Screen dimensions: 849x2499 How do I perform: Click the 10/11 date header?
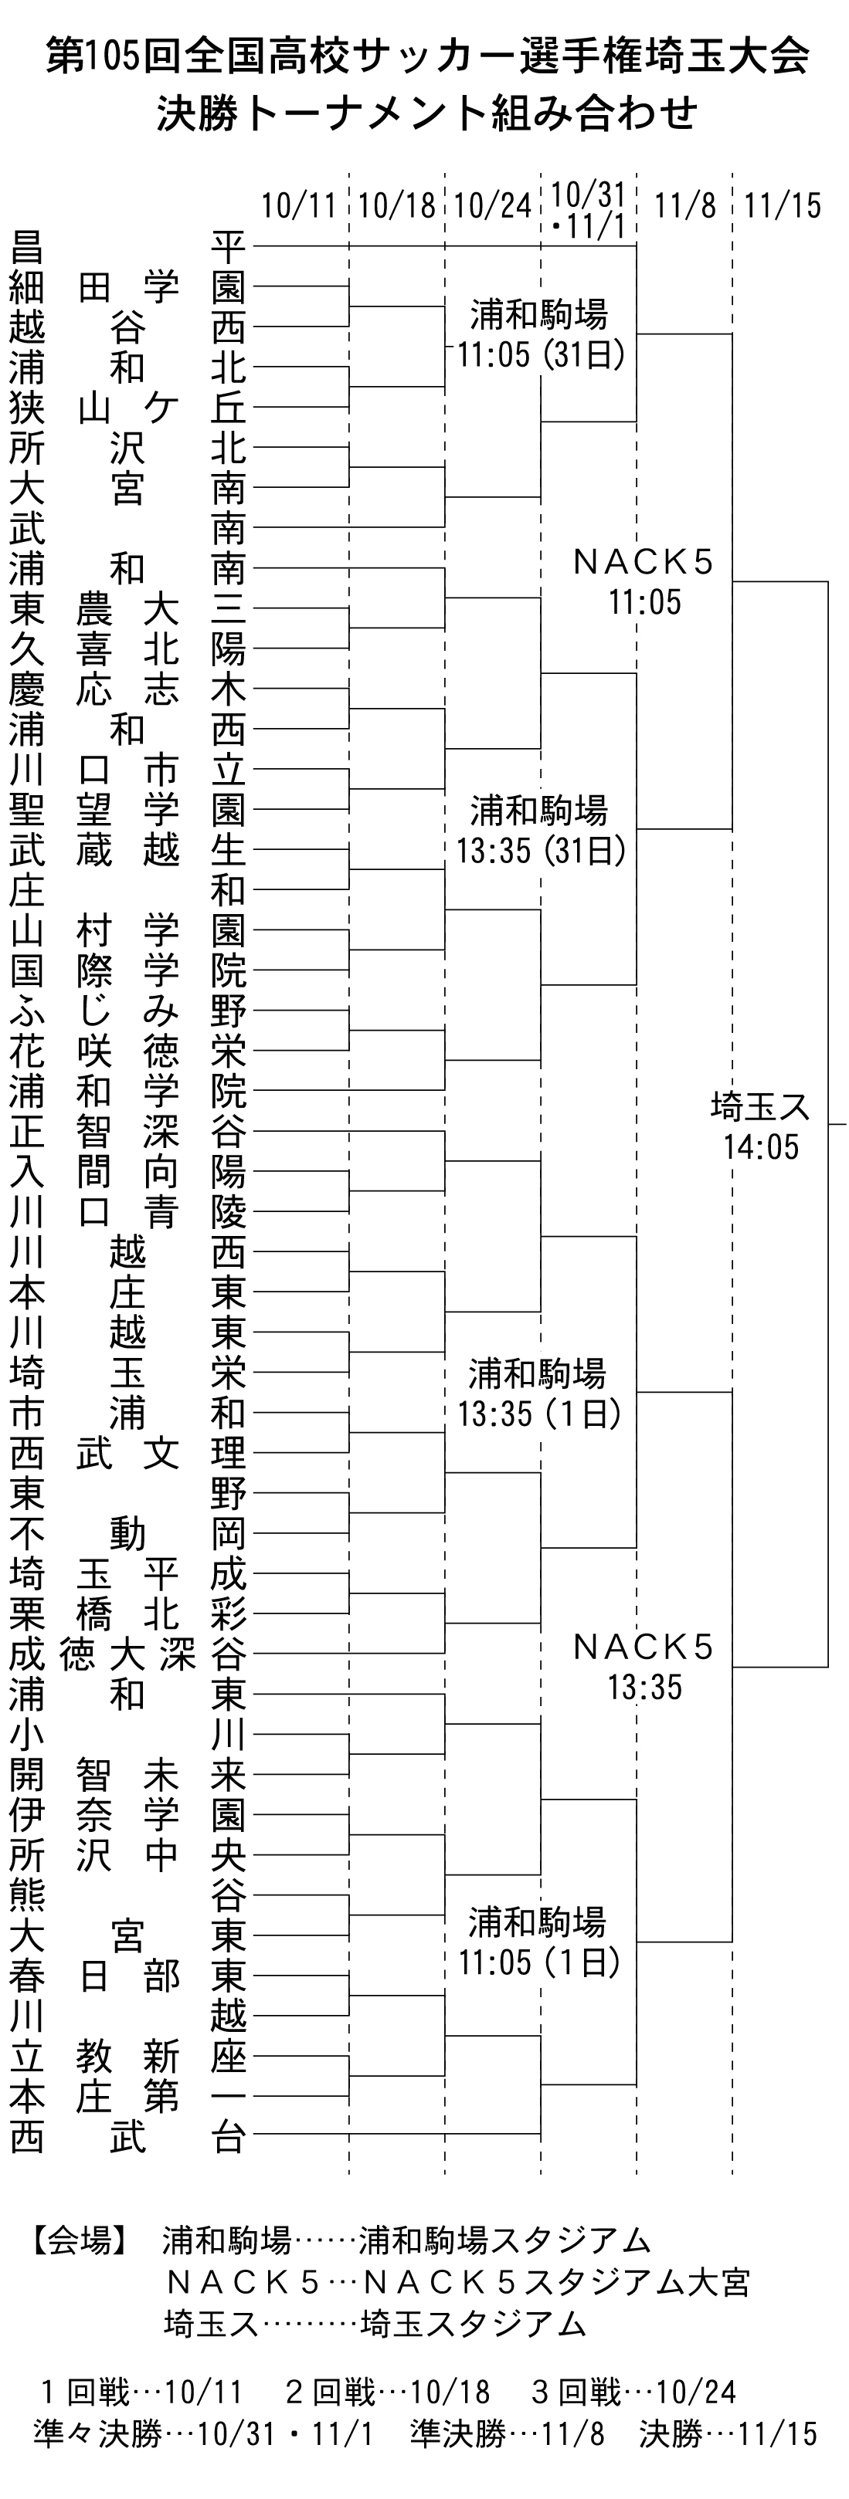tap(299, 205)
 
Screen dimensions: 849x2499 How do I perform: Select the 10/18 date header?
tap(397, 205)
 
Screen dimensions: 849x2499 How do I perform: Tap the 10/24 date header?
tap(493, 205)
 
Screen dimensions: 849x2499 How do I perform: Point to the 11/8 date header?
tap(685, 205)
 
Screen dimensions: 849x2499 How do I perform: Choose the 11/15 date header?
tap(782, 205)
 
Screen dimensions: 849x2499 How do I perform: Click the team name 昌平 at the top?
tap(128, 247)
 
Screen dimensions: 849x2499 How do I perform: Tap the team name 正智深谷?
tap(128, 1131)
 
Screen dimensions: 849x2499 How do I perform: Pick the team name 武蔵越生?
tap(128, 850)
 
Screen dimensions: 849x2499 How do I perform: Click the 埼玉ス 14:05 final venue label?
tap(761, 1126)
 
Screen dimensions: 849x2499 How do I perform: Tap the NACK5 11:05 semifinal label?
tap(644, 581)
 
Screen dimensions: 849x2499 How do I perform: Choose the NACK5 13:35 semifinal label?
tap(644, 1666)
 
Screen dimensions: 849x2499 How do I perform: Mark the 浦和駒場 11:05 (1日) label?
tap(539, 1941)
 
